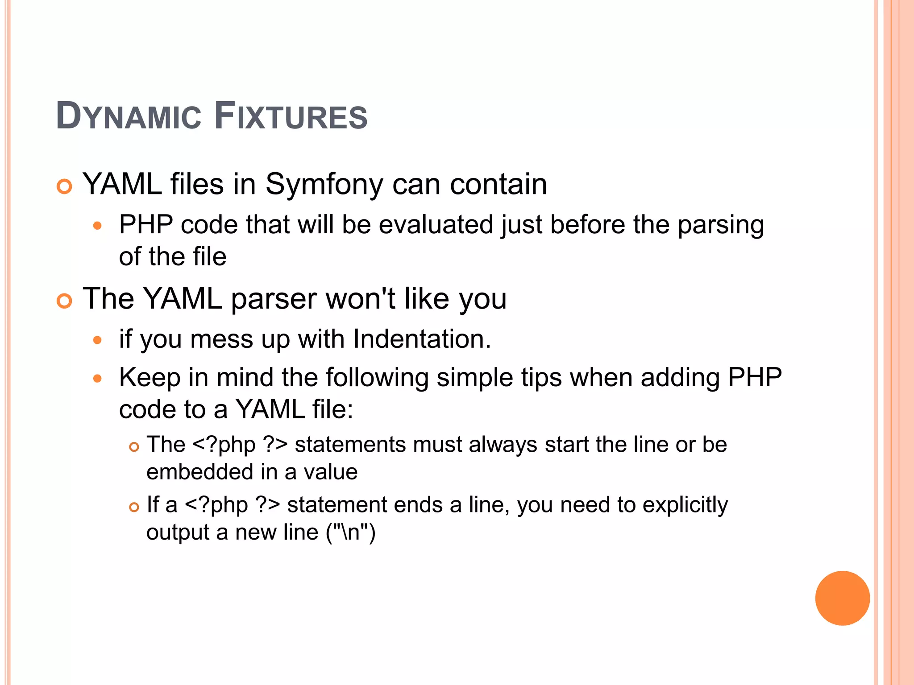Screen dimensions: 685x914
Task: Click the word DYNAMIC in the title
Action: tap(129, 116)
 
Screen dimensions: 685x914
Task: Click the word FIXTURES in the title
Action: tap(291, 116)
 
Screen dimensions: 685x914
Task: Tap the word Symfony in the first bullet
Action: tap(324, 184)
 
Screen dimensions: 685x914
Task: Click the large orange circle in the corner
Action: tap(842, 598)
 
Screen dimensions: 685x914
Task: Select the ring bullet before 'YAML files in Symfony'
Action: tap(65, 186)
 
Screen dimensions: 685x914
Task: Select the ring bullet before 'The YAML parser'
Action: tap(65, 301)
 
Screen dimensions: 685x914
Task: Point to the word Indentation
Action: tap(421, 339)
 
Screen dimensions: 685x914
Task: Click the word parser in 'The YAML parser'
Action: tap(274, 299)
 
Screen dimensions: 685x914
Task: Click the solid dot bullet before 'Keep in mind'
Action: tap(98, 379)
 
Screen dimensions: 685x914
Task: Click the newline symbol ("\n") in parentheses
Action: tap(351, 532)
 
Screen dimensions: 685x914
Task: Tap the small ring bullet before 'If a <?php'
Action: tap(134, 507)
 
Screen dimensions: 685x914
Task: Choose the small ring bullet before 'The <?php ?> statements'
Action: tap(134, 447)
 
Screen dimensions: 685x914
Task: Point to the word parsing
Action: tap(720, 225)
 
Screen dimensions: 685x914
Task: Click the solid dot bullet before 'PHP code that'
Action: tap(98, 226)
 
